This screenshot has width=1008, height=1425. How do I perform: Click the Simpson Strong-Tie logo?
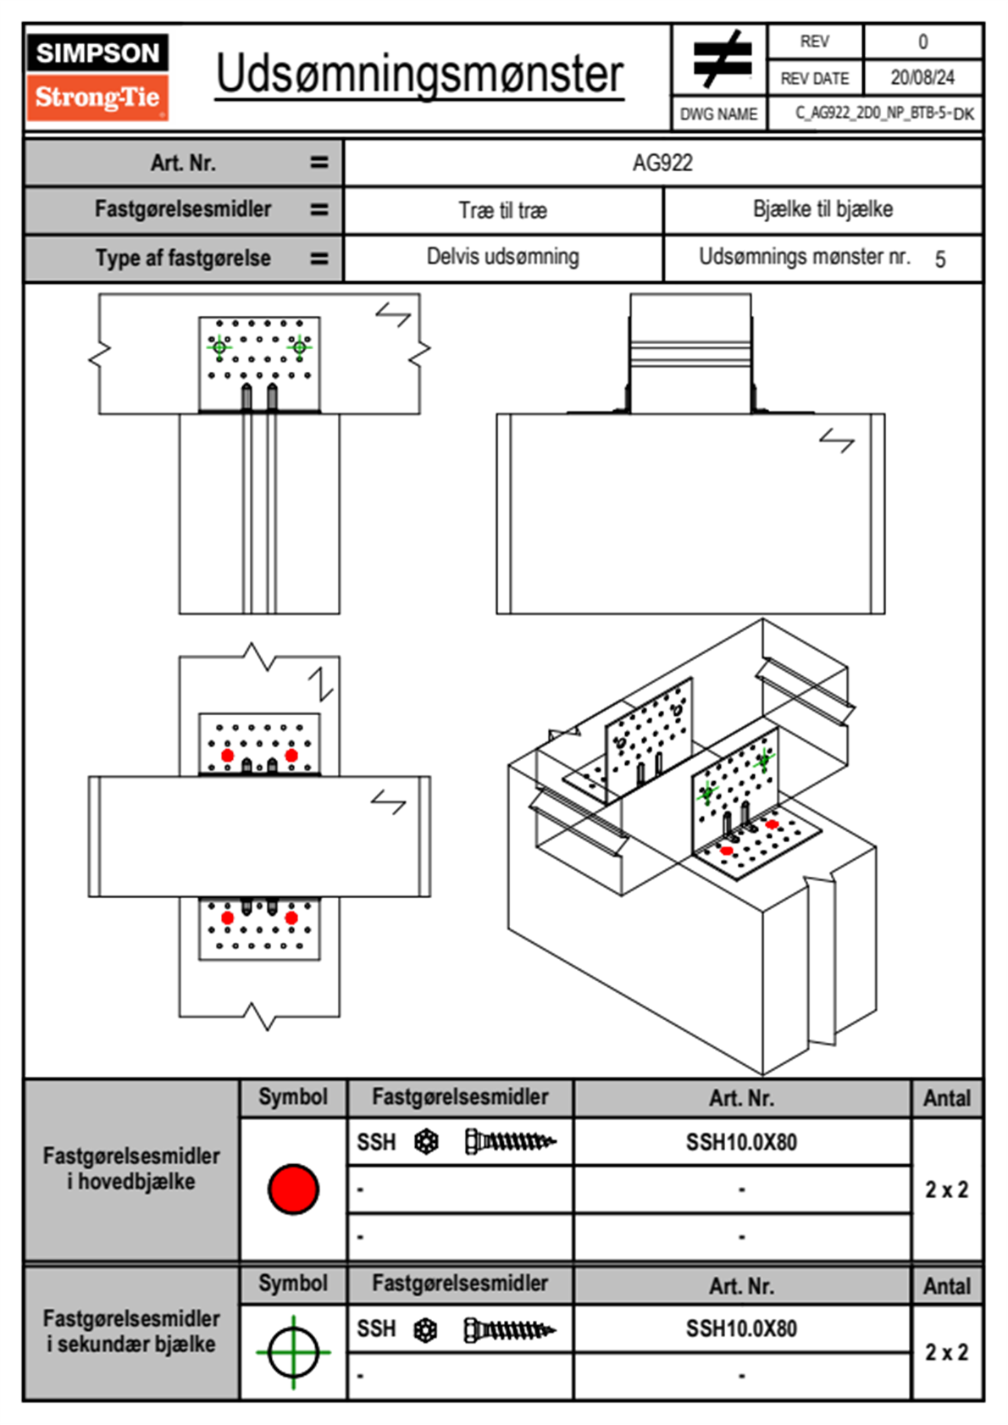97,77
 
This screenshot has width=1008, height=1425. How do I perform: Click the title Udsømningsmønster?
419,75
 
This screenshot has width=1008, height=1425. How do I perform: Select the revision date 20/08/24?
922,78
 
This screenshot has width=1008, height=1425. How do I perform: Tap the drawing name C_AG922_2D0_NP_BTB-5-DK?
883,114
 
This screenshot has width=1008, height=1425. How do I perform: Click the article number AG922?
662,163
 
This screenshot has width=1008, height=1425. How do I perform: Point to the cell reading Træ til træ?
503,210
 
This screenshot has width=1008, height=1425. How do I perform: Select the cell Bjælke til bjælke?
822,209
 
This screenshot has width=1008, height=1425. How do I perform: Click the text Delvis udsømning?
503,257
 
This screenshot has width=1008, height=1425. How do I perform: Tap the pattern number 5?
940,259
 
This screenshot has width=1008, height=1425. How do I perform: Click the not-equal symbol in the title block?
721,59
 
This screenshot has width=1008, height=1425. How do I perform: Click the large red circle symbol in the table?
293,1189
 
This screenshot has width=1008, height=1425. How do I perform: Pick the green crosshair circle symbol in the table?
293,1352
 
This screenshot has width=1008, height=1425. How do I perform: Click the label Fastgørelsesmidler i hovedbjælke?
131,1168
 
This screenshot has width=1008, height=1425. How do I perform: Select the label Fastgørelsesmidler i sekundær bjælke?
131,1331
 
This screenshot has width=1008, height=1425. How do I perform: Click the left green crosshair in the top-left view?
219,347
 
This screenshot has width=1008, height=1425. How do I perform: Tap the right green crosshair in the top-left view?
299,347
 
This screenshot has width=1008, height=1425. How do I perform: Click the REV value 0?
922,42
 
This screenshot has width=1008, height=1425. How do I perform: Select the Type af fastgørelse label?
183,258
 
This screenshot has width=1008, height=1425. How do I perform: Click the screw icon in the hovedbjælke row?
510,1142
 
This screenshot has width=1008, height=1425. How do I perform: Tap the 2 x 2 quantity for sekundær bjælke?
946,1352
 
